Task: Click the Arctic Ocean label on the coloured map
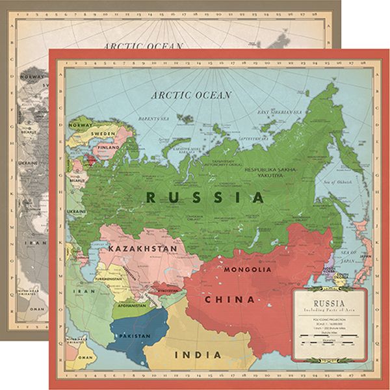pyautogui.click(x=190, y=95)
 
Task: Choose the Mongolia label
pyautogui.click(x=247, y=269)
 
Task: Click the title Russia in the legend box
pyautogui.click(x=330, y=302)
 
